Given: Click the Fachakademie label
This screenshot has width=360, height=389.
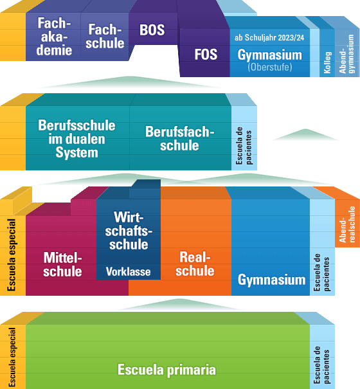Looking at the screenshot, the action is point(54,37).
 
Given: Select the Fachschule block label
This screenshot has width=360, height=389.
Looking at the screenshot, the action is point(105,36).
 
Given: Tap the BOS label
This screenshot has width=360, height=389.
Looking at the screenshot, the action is point(152,30).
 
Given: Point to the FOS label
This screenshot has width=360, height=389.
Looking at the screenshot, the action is point(206,54).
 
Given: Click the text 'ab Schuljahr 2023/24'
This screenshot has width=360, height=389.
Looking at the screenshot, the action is point(269,37).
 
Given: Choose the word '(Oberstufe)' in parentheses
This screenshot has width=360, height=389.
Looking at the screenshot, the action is point(270,67).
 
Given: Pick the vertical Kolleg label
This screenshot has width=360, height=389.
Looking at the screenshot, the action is point(327,62).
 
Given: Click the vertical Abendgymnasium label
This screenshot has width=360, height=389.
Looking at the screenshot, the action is point(346,54).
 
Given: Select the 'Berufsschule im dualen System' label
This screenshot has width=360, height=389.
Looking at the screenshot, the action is point(76,139).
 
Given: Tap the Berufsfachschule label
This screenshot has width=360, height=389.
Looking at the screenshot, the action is point(179,138).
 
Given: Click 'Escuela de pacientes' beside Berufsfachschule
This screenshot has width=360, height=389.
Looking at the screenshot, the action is point(244,146).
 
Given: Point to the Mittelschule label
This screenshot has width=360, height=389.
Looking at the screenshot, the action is point(62,264).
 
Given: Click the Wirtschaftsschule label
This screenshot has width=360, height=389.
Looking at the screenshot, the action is point(129,231).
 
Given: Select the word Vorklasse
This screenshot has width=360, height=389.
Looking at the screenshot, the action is point(129,271).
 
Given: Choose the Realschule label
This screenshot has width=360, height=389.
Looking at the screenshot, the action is point(195,264).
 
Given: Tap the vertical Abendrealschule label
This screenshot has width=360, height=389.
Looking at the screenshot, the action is point(347,224).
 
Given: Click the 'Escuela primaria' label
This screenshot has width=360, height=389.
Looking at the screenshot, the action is point(166,370).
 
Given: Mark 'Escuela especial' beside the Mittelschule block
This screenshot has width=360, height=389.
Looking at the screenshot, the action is point(12,255).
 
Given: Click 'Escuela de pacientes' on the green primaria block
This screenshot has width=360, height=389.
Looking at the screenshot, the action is point(321,365).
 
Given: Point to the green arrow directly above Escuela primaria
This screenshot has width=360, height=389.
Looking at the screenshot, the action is point(179,305).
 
